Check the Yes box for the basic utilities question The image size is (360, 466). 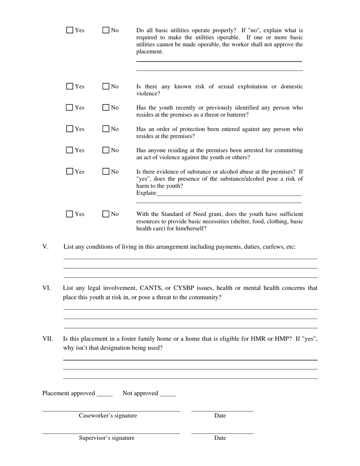click(x=70, y=30)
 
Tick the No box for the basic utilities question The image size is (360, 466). click(x=106, y=30)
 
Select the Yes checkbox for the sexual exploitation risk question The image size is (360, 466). click(x=70, y=86)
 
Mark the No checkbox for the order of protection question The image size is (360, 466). click(x=106, y=129)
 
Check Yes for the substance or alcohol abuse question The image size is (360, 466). click(x=70, y=172)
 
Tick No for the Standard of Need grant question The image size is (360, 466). click(x=106, y=214)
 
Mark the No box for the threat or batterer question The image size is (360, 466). click(x=106, y=108)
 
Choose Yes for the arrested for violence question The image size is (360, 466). click(x=70, y=150)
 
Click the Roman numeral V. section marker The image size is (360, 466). click(x=45, y=247)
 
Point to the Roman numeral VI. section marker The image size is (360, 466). click(x=46, y=288)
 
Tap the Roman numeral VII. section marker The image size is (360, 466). click(x=47, y=339)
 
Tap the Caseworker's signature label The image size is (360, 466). click(x=108, y=416)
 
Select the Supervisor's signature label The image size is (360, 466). click(x=106, y=438)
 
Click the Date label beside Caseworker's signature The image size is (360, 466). click(x=220, y=416)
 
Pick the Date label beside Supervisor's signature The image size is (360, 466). click(x=220, y=438)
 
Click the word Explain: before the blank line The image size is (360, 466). click(x=147, y=193)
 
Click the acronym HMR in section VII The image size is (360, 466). click(x=259, y=339)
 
